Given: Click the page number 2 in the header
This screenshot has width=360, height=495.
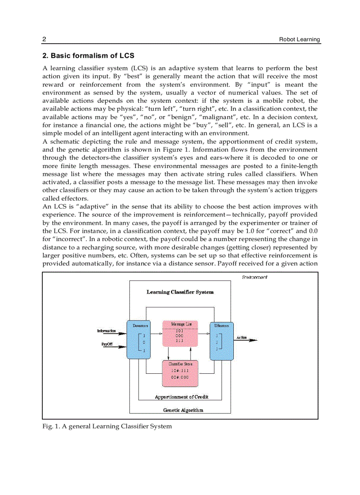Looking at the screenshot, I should coord(44,40).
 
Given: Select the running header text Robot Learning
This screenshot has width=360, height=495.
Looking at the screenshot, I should coord(300,40).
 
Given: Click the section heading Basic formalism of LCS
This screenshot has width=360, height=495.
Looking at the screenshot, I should coord(88,56).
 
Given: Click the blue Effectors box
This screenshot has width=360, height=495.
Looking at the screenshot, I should coord(221,340).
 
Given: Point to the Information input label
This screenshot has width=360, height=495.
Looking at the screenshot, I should coord(106,331).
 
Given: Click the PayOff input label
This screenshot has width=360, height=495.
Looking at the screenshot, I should coord(106,344).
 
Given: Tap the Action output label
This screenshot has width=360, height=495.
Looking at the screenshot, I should coord(241,337).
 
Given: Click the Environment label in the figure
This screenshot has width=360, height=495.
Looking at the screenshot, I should coord(255,277).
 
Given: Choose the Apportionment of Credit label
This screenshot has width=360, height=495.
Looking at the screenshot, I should coord(181,397).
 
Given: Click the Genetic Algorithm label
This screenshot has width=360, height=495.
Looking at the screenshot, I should coord(183,410).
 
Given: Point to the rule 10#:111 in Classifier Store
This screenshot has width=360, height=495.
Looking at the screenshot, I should coord(180,371).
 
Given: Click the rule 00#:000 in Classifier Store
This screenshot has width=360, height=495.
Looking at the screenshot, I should coord(180,377).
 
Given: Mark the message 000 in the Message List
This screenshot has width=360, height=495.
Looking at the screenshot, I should coord(179,335).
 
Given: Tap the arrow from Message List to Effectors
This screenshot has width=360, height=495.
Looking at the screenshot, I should coord(203,334).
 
